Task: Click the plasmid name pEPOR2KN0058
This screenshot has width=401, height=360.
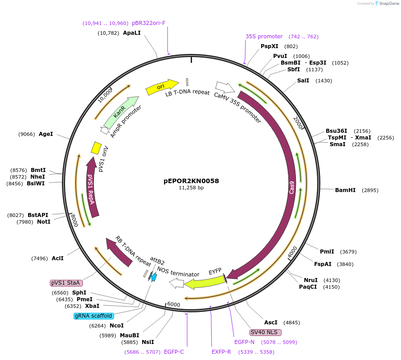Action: click(191, 181)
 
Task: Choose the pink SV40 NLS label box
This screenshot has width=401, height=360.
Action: click(266, 332)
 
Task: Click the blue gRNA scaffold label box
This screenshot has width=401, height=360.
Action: click(93, 316)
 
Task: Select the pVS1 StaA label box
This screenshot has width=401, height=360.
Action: click(66, 283)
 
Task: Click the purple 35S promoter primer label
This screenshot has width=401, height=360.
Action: click(264, 37)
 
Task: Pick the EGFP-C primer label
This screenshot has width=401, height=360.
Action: click(174, 352)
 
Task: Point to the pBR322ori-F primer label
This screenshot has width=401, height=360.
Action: click(148, 23)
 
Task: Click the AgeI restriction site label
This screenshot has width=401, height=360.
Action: click(46, 134)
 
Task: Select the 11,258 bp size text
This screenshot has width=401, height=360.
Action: click(191, 188)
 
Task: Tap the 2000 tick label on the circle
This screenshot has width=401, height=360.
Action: click(298, 122)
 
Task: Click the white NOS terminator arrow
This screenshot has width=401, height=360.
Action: click(177, 282)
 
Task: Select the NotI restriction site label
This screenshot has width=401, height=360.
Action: click(44, 222)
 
